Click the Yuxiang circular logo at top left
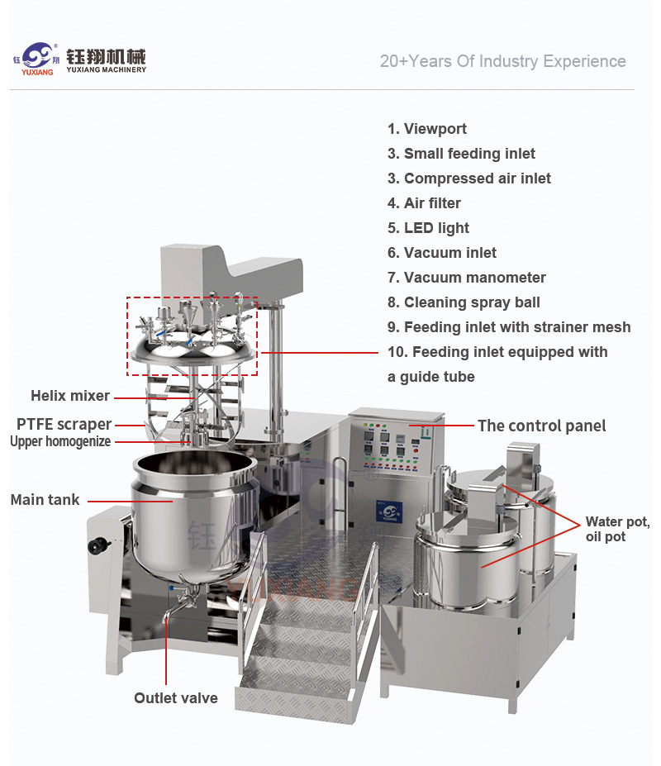(x=37, y=55)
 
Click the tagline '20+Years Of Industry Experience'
(x=502, y=61)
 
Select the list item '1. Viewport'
(x=427, y=129)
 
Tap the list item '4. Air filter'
(x=424, y=203)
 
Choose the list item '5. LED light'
(x=429, y=228)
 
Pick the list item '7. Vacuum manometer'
(x=467, y=278)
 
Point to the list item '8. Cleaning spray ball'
(x=464, y=302)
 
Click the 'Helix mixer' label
(x=70, y=396)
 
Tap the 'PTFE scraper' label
(x=64, y=424)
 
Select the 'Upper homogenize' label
(x=60, y=441)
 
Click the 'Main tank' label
(x=45, y=500)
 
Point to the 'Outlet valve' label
(x=176, y=698)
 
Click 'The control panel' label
(x=542, y=426)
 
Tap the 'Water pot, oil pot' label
(x=618, y=529)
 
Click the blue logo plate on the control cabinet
(x=389, y=512)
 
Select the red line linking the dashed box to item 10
(x=320, y=352)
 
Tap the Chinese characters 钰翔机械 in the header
(x=106, y=57)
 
